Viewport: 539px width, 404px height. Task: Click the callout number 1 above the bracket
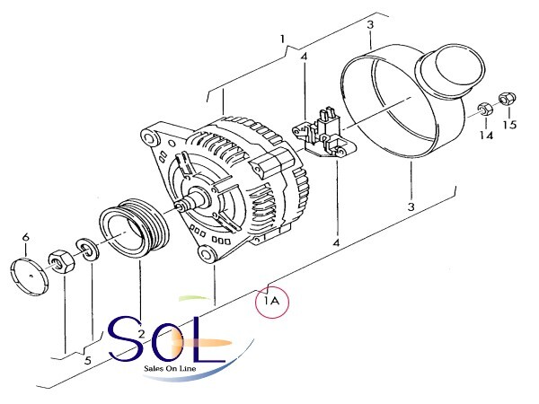click(283, 39)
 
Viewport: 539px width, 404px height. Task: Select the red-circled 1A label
click(272, 302)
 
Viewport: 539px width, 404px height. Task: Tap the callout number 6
click(26, 237)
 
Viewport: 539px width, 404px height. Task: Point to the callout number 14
click(486, 135)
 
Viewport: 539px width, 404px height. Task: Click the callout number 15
click(509, 125)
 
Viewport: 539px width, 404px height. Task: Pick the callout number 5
click(88, 360)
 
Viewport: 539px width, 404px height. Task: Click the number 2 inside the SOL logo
click(141, 333)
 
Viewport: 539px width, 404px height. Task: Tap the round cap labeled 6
click(30, 277)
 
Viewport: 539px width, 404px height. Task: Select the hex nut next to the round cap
click(61, 261)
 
